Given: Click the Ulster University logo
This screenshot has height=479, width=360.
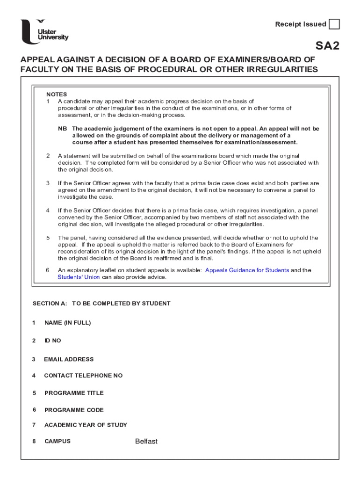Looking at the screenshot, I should (44, 32).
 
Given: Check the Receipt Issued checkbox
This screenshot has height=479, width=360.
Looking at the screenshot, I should (334, 24).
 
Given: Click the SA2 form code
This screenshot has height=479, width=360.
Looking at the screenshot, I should (327, 46).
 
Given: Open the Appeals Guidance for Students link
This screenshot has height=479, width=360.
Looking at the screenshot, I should (247, 270).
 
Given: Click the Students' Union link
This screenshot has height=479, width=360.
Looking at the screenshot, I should (79, 277).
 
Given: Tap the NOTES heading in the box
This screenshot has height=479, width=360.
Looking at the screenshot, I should (57, 94).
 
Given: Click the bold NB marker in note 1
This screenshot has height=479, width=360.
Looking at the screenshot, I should (62, 129).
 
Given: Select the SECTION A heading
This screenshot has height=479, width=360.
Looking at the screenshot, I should (101, 304).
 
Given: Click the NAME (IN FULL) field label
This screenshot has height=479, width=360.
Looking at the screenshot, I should (67, 323).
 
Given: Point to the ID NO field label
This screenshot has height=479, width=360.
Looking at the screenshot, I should (52, 341).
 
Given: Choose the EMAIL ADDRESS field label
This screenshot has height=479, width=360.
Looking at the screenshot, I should (69, 359).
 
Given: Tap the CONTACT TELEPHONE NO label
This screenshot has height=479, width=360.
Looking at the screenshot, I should (83, 376).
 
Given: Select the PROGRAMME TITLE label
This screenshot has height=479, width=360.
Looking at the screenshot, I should (74, 393).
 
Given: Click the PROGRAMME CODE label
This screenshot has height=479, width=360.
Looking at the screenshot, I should (74, 410).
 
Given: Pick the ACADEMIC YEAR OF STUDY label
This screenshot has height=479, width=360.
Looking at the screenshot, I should (86, 425).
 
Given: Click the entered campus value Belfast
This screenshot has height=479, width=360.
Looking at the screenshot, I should (146, 441).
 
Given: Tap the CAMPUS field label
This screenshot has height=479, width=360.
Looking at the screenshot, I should (58, 441).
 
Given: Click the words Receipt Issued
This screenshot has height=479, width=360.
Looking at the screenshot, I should (301, 24).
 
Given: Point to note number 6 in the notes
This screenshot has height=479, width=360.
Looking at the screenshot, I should (48, 270).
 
